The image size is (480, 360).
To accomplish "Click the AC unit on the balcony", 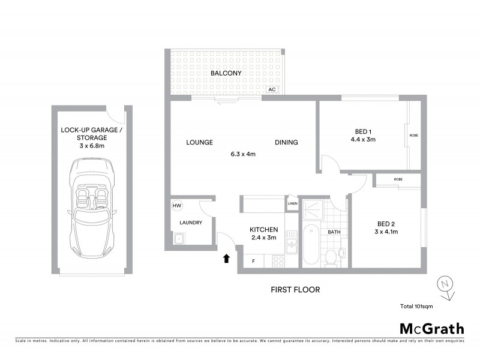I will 272,89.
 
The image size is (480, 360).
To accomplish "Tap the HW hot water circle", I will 177,206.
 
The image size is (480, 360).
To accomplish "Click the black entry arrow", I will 227,259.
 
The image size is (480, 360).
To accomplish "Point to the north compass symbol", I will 445,284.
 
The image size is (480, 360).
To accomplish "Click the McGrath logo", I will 432,328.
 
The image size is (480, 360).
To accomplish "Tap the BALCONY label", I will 226,73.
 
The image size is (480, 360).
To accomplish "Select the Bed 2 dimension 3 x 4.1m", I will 386,232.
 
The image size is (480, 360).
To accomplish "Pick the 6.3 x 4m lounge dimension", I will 243,154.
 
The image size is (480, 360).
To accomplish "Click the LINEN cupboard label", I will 292,203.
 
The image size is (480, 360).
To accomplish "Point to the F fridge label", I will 253,261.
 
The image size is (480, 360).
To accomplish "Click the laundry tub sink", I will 179,239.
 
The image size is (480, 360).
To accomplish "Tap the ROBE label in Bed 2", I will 398,179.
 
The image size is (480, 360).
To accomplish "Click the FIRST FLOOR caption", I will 294,290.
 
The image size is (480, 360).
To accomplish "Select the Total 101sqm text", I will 416,307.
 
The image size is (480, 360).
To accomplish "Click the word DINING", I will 286,142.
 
